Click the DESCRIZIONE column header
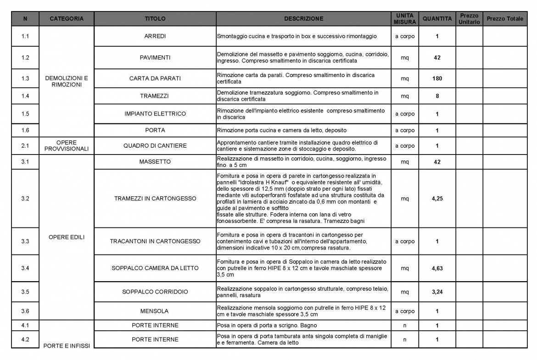click(303, 19)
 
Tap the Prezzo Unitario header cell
click(469, 19)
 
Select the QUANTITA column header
click(437, 19)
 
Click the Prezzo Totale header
click(505, 19)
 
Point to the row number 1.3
click(25, 78)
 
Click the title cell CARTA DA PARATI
click(155, 78)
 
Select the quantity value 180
click(437, 78)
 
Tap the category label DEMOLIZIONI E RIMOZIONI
click(67, 81)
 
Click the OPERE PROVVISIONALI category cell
click(67, 146)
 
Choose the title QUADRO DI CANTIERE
click(155, 146)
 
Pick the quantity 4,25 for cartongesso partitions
click(437, 199)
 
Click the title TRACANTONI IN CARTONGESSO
click(155, 241)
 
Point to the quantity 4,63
click(437, 268)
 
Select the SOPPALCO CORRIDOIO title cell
click(155, 292)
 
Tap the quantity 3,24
click(437, 292)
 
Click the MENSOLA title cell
click(155, 311)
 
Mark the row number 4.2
click(25, 340)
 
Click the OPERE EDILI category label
click(67, 237)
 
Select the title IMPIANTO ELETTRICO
click(155, 114)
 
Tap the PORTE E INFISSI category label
click(67, 345)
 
